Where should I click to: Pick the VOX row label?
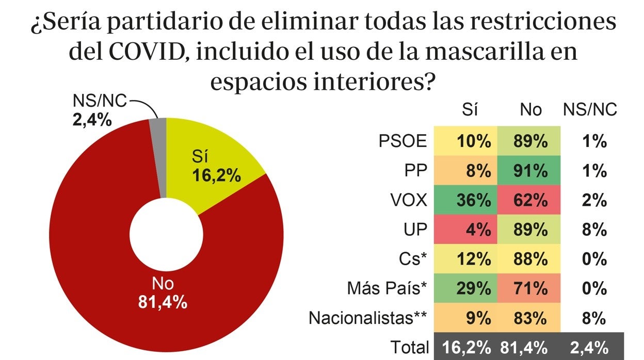pyautogui.click(x=408, y=200)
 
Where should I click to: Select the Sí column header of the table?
pyautogui.click(x=470, y=110)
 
